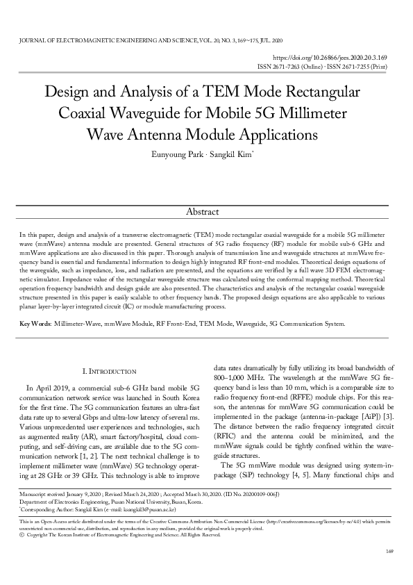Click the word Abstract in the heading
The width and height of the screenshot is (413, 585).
point(206,211)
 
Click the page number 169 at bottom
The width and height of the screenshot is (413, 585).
point(389,570)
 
